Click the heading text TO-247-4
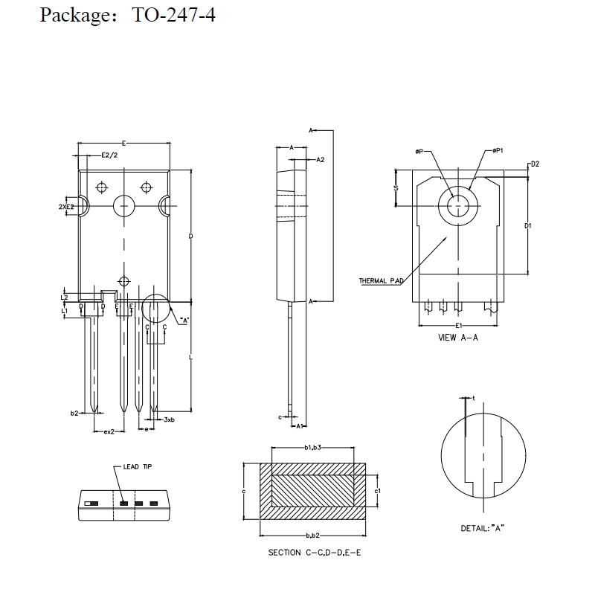pyautogui.click(x=174, y=15)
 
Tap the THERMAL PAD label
pyautogui.click(x=381, y=281)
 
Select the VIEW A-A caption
pyautogui.click(x=459, y=337)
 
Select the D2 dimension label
pyautogui.click(x=534, y=164)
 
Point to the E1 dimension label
pyautogui.click(x=459, y=326)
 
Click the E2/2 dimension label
pyautogui.click(x=109, y=155)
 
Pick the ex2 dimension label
pyautogui.click(x=109, y=431)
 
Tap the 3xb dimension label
pyautogui.click(x=169, y=420)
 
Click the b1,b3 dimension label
pyautogui.click(x=312, y=448)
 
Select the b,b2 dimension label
pyautogui.click(x=312, y=535)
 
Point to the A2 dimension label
pyautogui.click(x=321, y=160)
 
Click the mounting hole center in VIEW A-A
pyautogui.click(x=456, y=205)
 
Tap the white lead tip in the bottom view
pyautogui.click(x=90, y=504)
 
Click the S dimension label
pyautogui.click(x=396, y=188)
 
